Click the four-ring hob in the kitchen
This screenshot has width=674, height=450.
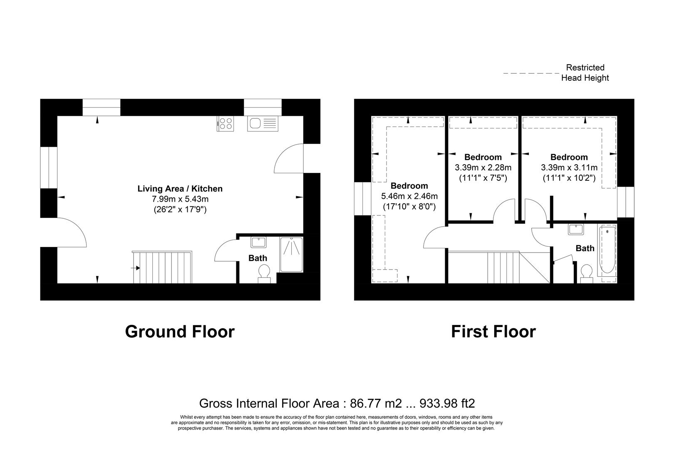225,123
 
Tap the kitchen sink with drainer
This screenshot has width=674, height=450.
262,124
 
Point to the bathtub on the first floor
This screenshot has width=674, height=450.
607,250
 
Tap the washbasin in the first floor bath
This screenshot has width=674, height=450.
576,230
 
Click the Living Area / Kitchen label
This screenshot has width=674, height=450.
180,189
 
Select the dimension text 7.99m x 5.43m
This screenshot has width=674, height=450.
180,199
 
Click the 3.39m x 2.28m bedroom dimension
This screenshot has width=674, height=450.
483,168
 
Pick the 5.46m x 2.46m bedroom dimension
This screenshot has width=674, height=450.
409,196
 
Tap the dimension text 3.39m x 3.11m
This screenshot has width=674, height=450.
569,168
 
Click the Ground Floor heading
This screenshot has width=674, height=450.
180,332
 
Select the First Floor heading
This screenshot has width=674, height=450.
493,332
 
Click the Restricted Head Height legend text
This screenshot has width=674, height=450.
585,72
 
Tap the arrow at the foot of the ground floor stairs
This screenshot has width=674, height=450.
135,268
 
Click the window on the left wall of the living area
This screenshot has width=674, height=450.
49,167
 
